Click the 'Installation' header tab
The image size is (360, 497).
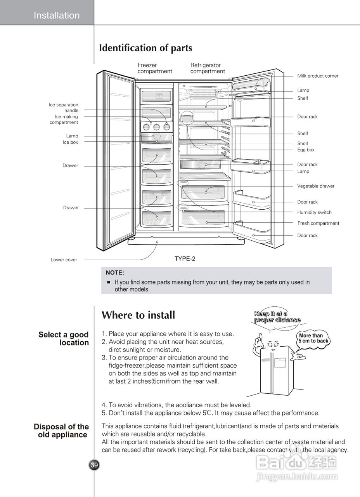point(56,16)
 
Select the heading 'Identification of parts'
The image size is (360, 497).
point(145,48)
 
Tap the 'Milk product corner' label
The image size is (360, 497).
point(318,76)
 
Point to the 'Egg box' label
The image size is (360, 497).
point(306,150)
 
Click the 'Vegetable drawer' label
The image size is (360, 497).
point(316,186)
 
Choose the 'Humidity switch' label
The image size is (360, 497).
point(314,212)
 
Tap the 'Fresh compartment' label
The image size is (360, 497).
point(318,223)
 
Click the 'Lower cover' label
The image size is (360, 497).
point(64,260)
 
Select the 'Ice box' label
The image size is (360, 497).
point(71,142)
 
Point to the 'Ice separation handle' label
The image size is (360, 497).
point(64,108)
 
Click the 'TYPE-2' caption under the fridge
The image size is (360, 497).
point(185,259)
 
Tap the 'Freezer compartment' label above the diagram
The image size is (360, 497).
point(154,68)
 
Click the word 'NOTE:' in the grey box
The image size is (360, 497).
point(115,273)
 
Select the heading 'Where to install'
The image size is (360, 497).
point(138,315)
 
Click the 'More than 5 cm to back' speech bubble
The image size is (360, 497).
point(313,338)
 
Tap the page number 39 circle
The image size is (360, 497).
point(94,465)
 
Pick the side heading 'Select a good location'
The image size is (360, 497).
point(64,339)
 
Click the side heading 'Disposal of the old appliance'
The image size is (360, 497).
point(61,431)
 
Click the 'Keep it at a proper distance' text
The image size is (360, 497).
point(277,317)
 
